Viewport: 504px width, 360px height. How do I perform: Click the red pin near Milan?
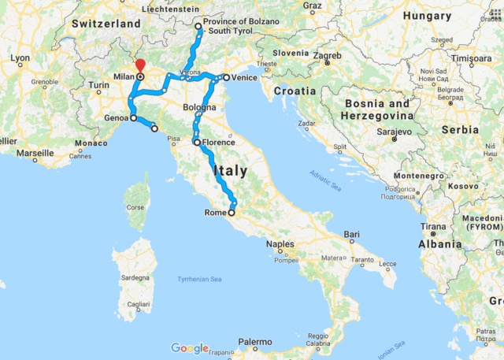(140, 66)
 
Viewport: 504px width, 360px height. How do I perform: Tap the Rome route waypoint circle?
(232, 213)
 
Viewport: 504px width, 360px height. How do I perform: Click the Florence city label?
(218, 143)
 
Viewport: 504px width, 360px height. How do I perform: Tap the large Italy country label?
(228, 170)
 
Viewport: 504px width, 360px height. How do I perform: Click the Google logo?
(189, 348)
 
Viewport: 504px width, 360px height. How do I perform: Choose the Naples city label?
(280, 244)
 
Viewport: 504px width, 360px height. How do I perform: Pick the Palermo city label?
(256, 342)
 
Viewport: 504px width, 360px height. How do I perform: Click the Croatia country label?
(294, 91)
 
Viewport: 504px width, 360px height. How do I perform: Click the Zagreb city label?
(327, 56)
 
